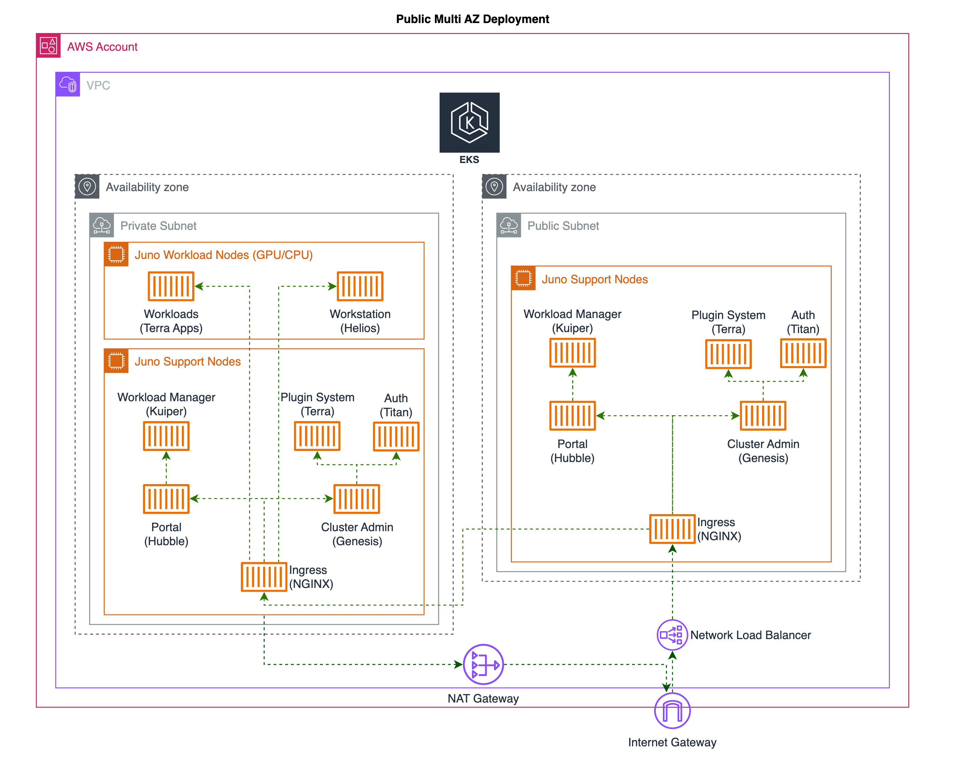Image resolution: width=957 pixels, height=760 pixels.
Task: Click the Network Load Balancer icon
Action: [x=672, y=635]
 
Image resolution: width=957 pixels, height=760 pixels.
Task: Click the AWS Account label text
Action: [x=102, y=46]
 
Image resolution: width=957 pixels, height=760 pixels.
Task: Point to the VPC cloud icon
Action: [x=68, y=84]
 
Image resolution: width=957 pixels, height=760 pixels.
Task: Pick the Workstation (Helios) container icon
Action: [x=360, y=286]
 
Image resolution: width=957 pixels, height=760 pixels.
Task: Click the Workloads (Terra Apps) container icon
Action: [x=171, y=286]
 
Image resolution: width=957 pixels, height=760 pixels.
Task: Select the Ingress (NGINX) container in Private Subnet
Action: [x=264, y=577]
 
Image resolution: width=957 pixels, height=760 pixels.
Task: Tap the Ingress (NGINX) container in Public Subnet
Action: [x=672, y=529]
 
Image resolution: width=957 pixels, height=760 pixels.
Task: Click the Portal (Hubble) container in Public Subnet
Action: [x=572, y=416]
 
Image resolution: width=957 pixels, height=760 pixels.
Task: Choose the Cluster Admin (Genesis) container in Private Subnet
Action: [x=356, y=499]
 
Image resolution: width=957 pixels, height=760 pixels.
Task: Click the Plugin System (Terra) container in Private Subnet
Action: [x=317, y=436]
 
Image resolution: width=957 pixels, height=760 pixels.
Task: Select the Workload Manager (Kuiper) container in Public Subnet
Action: [x=572, y=353]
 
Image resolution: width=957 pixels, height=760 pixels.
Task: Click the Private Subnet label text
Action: [x=158, y=226]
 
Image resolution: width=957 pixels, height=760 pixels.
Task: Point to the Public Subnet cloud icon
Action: [x=509, y=225]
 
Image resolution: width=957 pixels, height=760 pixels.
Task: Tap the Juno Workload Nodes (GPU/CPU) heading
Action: [x=223, y=255]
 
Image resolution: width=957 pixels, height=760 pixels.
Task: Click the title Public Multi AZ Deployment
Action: [x=472, y=19]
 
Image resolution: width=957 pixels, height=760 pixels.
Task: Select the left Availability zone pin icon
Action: [x=87, y=187]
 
